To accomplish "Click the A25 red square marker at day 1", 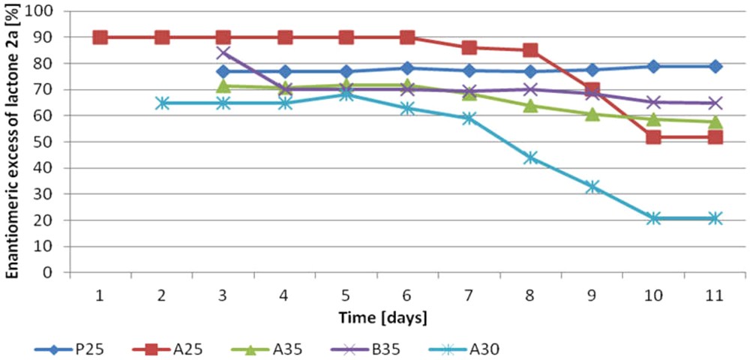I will tap(100, 37).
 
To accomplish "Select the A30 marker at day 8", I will tap(530, 157).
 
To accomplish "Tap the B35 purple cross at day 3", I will tap(223, 52).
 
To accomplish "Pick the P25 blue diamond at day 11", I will tap(715, 67).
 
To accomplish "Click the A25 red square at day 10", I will tap(653, 137).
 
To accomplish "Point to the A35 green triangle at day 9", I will tap(592, 114).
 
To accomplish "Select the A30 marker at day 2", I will tap(162, 103).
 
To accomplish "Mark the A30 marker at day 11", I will tap(715, 218).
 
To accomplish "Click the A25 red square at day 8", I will tap(530, 50).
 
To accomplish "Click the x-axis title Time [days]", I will tap(382, 317).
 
